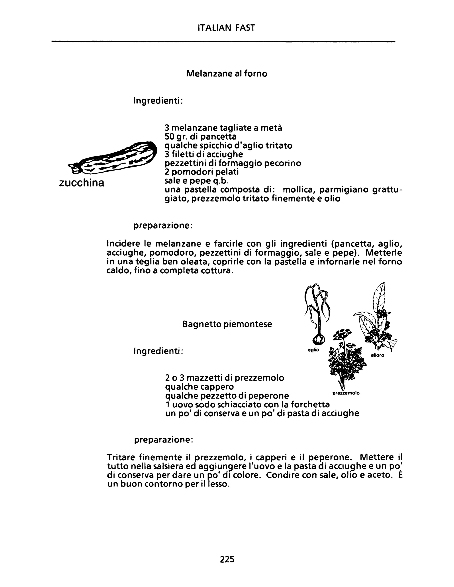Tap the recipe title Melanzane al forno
point(227,73)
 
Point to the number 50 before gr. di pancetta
point(170,136)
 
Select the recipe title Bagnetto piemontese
point(227,324)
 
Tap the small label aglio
point(313,350)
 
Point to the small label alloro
point(378,355)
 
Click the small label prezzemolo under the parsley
point(346,393)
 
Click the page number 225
point(227,559)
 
